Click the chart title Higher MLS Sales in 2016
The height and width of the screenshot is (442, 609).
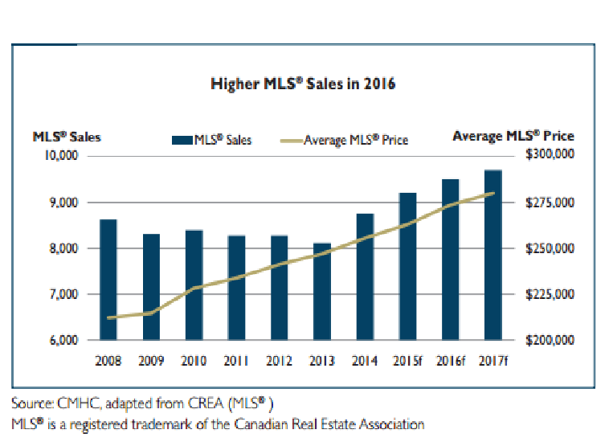click(303, 84)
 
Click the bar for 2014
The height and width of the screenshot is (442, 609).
click(365, 276)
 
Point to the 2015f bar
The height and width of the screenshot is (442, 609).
click(408, 266)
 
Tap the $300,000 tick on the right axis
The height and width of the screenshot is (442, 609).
click(549, 155)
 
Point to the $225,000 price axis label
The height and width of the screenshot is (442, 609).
click(549, 295)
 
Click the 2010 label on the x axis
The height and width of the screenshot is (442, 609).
click(194, 360)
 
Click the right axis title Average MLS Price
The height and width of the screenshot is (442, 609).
click(513, 137)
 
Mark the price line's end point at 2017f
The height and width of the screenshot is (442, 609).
click(493, 193)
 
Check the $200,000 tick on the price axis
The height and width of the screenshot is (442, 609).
click(549, 342)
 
